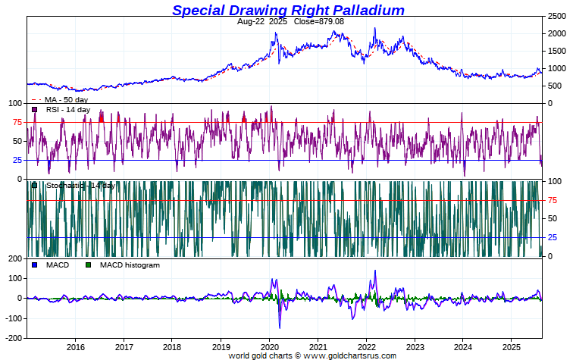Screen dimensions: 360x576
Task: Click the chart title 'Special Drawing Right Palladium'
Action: coord(288,10)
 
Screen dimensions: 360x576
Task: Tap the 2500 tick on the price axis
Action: coord(558,16)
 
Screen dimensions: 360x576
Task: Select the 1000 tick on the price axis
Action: coord(558,68)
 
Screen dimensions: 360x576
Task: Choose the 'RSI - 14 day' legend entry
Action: coord(68,110)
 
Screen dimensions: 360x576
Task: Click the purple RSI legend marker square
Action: coord(35,110)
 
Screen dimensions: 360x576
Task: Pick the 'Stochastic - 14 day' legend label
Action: coord(80,186)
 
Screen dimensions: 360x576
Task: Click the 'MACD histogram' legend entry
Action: coord(130,265)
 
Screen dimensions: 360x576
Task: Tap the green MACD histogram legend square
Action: coord(88,265)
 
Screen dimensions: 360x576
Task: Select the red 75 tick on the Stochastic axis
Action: coord(553,200)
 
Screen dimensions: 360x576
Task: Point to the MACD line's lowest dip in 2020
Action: coord(280,327)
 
